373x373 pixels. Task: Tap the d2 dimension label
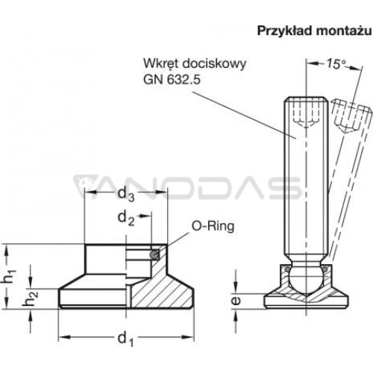click(x=126, y=219)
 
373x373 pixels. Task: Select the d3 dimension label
click(x=126, y=194)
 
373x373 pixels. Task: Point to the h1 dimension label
click(x=8, y=276)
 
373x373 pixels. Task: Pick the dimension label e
click(x=236, y=301)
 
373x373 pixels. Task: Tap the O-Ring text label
click(x=213, y=227)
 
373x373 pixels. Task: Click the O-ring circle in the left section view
click(x=154, y=255)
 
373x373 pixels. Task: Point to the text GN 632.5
click(x=172, y=80)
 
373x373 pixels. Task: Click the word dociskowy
click(x=214, y=63)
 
